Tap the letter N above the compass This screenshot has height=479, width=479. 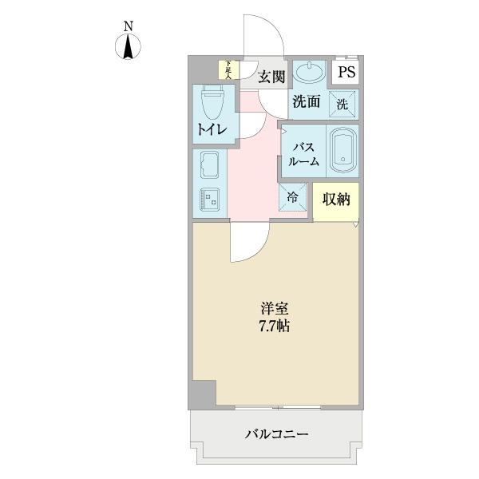click(x=128, y=26)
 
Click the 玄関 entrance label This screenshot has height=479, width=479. click(x=271, y=77)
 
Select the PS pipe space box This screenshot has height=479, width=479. click(x=346, y=73)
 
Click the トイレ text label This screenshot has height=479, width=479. click(x=212, y=130)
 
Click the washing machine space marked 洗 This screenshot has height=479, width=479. click(x=342, y=103)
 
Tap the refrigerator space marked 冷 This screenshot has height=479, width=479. click(x=292, y=196)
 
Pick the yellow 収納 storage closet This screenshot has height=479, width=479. click(x=336, y=200)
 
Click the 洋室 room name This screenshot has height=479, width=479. click(x=273, y=307)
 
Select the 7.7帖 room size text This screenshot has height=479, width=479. click(x=273, y=326)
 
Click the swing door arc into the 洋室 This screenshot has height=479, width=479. click(x=249, y=243)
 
